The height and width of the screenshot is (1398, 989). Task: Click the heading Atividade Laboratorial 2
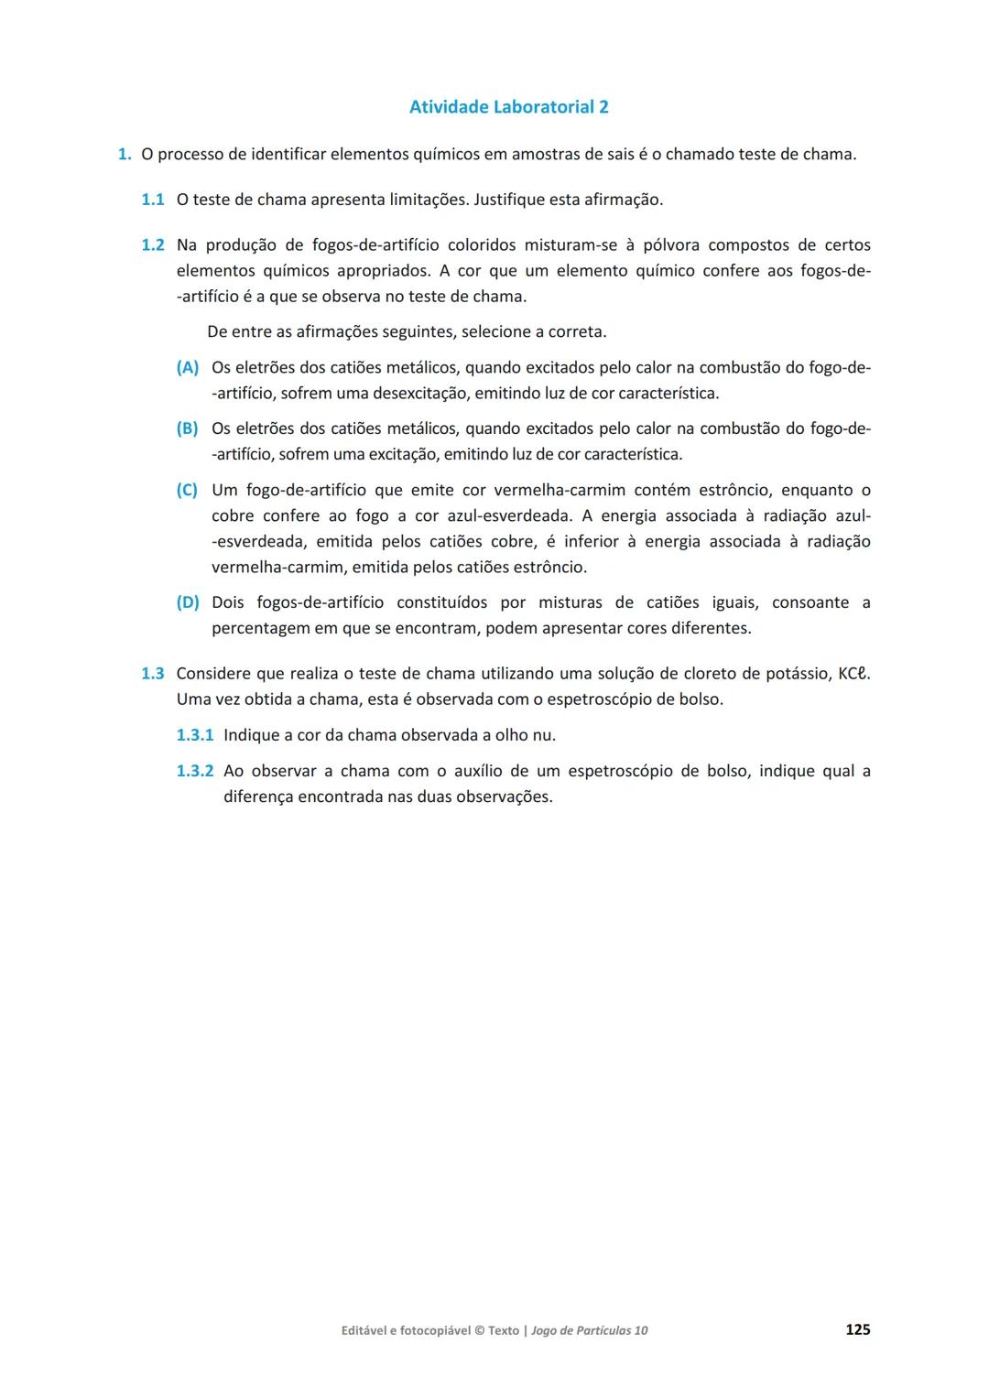[x=508, y=107]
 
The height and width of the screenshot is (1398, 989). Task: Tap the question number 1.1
[x=152, y=200]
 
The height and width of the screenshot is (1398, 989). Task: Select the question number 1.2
[x=152, y=245]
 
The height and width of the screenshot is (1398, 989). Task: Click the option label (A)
[x=187, y=367]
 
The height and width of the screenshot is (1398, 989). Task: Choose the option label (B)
[x=187, y=428]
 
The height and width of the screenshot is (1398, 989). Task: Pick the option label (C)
[x=187, y=490]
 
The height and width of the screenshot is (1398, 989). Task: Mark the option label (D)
[x=187, y=602]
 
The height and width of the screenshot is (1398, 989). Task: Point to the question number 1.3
[x=152, y=674]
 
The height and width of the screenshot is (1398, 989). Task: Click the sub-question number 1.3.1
[x=194, y=735]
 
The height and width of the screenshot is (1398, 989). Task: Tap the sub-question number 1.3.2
[x=194, y=771]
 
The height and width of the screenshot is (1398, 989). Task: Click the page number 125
[x=857, y=1329]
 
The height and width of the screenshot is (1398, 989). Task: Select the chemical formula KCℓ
[x=853, y=674]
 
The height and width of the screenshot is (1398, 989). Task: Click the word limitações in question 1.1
[x=428, y=200]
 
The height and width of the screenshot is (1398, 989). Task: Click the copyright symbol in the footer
[x=480, y=1330]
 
